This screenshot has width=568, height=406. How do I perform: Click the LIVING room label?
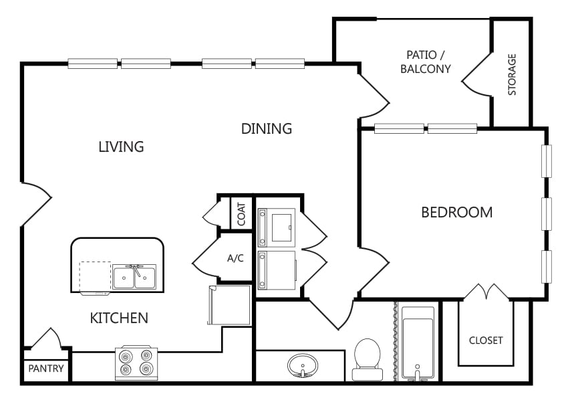(x=122, y=146)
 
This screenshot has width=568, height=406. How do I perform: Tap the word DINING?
(x=267, y=128)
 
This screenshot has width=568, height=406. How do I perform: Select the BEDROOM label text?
(x=457, y=213)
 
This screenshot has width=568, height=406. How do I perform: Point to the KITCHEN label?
(x=119, y=318)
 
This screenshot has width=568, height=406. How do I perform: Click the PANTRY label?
(x=46, y=369)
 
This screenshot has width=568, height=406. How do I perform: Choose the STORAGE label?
(x=512, y=75)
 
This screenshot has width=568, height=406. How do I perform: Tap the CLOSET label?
(x=486, y=340)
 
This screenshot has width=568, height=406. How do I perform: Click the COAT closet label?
(x=242, y=214)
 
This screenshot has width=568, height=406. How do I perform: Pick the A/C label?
(x=235, y=258)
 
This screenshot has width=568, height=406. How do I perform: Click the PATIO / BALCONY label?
(x=426, y=62)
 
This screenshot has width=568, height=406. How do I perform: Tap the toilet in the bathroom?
(x=368, y=360)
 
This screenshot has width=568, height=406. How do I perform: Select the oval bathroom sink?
(x=303, y=365)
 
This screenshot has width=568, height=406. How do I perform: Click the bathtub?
(x=418, y=344)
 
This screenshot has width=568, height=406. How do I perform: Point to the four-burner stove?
(x=136, y=363)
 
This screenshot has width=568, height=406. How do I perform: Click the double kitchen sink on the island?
(x=134, y=277)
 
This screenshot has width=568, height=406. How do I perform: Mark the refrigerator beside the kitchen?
(x=229, y=305)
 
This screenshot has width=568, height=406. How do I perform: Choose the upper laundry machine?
(x=277, y=227)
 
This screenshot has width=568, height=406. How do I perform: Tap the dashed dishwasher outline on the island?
(x=96, y=277)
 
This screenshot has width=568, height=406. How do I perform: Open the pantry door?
(x=46, y=339)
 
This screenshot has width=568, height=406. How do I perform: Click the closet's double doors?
(x=486, y=292)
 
